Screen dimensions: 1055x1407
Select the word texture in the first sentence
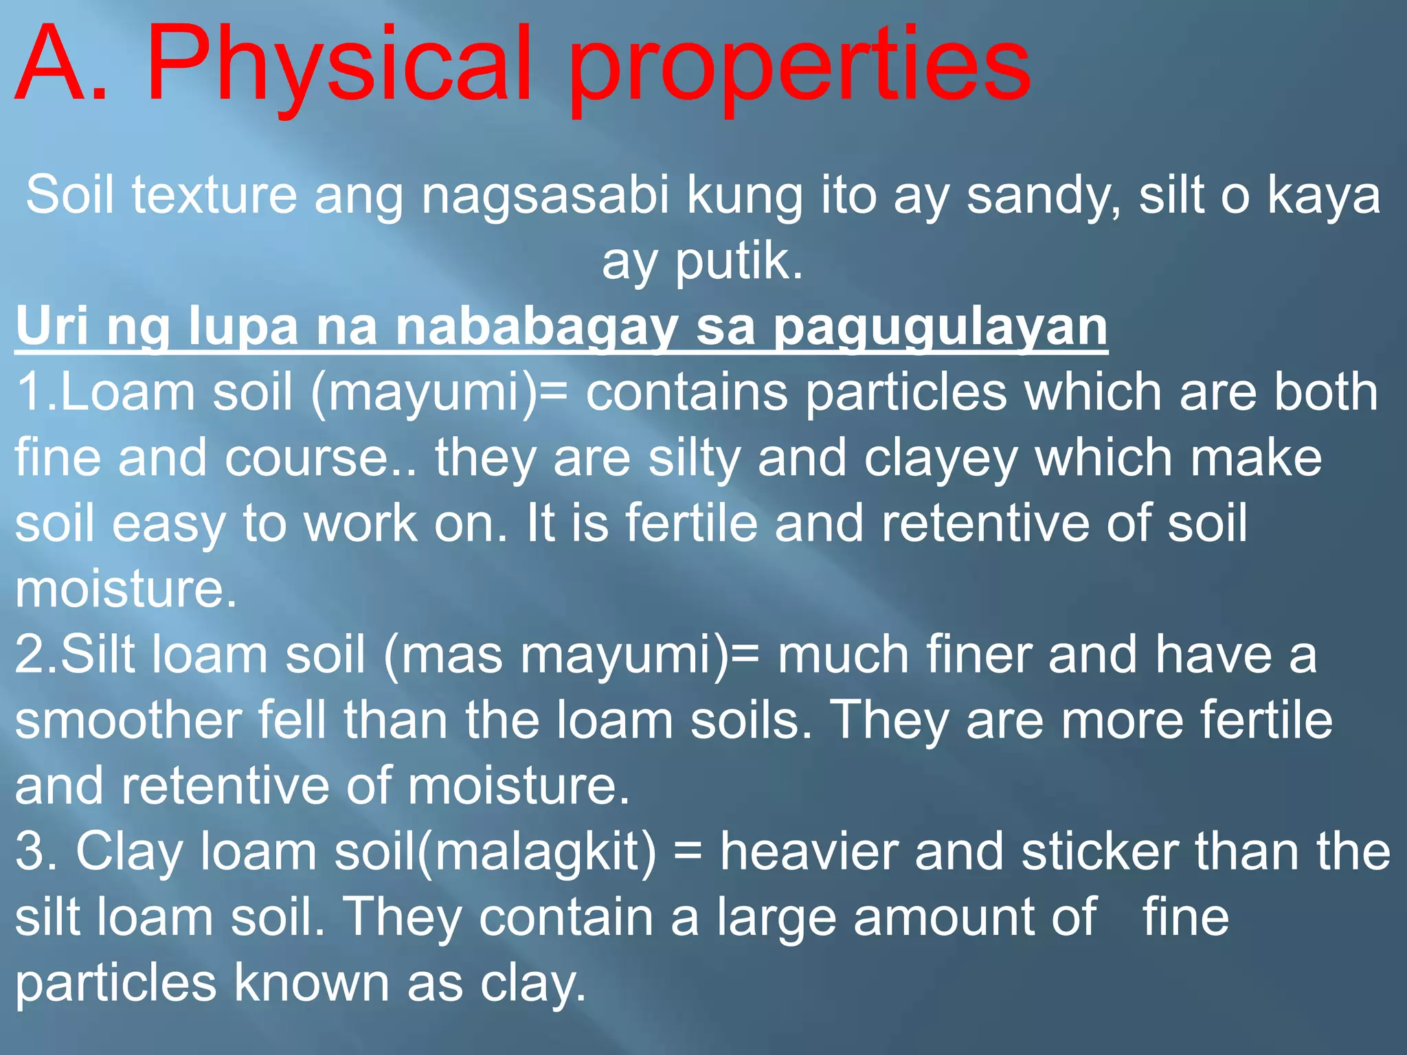pyautogui.click(x=214, y=196)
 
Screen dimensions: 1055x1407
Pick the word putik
pyautogui.click(x=738, y=262)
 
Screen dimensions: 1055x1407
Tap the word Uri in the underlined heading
pyautogui.click(x=52, y=326)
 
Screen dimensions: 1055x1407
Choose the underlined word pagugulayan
pyautogui.click(x=941, y=326)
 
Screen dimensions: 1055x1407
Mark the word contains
pyautogui.click(x=686, y=392)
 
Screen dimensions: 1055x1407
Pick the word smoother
pyautogui.click(x=128, y=721)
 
